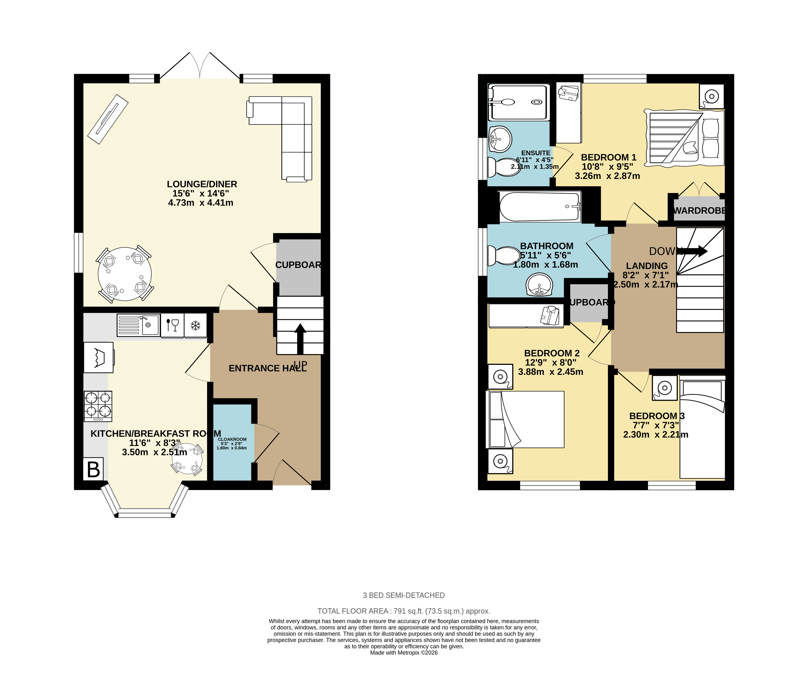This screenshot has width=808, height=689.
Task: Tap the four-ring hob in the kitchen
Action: click(98, 406)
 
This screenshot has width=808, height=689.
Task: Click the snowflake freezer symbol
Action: click(195, 325)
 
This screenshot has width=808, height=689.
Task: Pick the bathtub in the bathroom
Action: click(540, 207)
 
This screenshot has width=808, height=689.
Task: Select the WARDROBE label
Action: click(699, 211)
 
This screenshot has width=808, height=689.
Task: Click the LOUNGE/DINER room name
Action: click(202, 184)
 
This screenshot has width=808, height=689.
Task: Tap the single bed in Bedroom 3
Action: click(702, 429)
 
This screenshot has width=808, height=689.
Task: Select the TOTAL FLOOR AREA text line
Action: click(404, 611)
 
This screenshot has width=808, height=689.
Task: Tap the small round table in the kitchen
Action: click(187, 459)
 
